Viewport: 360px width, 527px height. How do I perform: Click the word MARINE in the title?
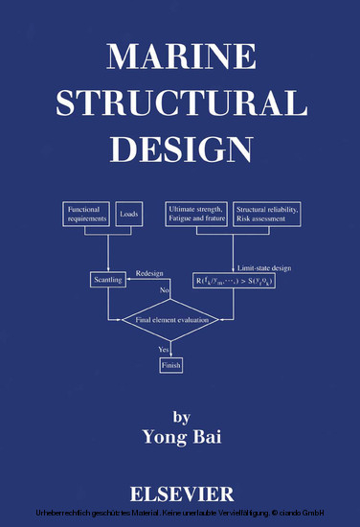pyautogui.click(x=180, y=57)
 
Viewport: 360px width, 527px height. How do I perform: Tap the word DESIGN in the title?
pyautogui.click(x=180, y=149)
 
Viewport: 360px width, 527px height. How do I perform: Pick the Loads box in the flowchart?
pyautogui.click(x=129, y=213)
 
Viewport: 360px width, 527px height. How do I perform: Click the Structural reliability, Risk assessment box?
pyautogui.click(x=267, y=213)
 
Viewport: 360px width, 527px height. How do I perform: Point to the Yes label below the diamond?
pyautogui.click(x=164, y=351)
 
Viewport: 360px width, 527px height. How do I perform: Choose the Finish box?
pyautogui.click(x=172, y=365)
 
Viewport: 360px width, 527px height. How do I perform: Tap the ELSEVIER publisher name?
pyautogui.click(x=181, y=494)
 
